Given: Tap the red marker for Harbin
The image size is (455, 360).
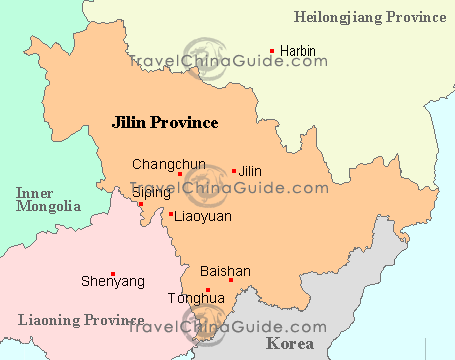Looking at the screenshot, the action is (272, 51).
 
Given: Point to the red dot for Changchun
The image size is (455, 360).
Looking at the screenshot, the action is (180, 174).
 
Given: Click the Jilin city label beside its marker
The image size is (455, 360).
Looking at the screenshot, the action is (251, 171).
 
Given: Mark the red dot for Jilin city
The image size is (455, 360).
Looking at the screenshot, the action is (234, 171).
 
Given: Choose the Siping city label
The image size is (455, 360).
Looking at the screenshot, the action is (150, 191).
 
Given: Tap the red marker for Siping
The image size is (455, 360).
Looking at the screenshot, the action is (141, 204).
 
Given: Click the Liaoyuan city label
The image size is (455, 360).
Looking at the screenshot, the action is (203, 215).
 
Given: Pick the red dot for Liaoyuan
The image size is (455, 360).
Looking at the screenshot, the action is (171, 214).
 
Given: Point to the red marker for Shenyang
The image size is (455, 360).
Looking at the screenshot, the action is (113, 274).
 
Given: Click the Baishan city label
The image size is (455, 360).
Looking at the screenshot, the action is (225, 271).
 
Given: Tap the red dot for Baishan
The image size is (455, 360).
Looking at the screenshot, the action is (231, 280).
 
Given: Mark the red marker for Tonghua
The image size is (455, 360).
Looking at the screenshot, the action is (208, 290).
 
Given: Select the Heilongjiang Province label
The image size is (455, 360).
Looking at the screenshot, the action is (371, 16).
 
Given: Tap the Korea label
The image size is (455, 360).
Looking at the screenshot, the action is (289, 343).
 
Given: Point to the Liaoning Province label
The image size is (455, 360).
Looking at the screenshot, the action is (74, 320).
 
